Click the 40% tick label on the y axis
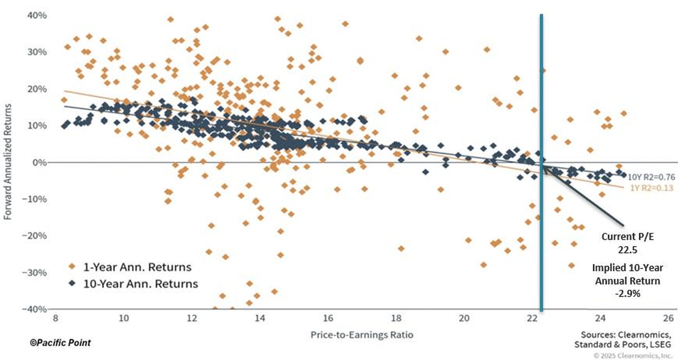[x=37, y=15]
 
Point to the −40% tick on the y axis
[x=35, y=309]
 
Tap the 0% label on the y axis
[x=40, y=163]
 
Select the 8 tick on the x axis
[x=55, y=318]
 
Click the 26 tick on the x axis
[x=668, y=318]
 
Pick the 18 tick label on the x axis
[x=396, y=318]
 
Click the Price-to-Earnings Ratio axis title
[x=362, y=335]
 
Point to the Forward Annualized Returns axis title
[x=8, y=162]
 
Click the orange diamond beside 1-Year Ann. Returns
[x=72, y=267]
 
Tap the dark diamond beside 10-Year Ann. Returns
[x=72, y=284]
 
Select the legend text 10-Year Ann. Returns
[x=140, y=284]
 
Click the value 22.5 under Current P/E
[x=627, y=250]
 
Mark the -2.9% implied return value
[x=627, y=293]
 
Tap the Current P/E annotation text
[x=627, y=236]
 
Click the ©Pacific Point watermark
[x=60, y=343]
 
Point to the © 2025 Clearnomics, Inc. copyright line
[x=633, y=355]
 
